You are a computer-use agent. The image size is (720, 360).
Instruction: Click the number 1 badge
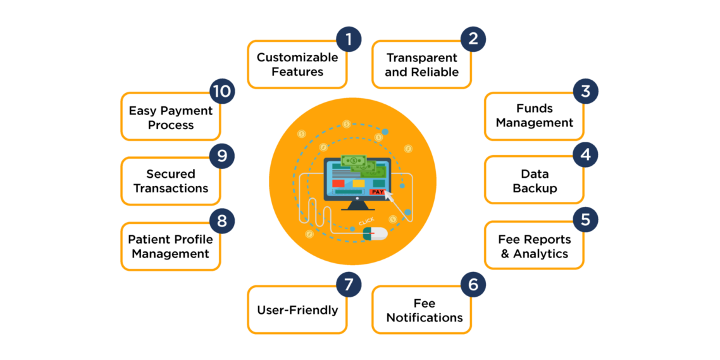349,39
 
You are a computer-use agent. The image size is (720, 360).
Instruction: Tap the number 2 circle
473,39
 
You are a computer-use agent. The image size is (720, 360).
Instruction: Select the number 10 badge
222,91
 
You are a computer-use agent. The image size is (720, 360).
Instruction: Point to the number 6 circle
473,285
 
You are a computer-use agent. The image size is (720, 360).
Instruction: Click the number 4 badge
585,154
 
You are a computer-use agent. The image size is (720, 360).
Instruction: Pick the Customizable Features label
297,65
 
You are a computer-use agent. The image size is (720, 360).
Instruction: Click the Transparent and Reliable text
421,65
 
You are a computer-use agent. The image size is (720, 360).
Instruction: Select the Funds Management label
535,116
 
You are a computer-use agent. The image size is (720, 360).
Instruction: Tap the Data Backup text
535,181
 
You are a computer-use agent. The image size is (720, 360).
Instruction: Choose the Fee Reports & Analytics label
535,247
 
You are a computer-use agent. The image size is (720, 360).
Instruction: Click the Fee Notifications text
425,311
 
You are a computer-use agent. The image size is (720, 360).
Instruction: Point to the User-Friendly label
297,310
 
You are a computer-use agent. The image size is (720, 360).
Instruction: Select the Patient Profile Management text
170,247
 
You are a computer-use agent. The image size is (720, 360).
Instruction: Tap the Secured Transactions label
171,181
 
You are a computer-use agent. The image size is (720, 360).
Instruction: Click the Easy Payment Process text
171,118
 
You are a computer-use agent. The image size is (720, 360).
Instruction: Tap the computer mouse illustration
375,233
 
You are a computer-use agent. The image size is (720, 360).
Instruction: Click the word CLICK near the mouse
366,221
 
